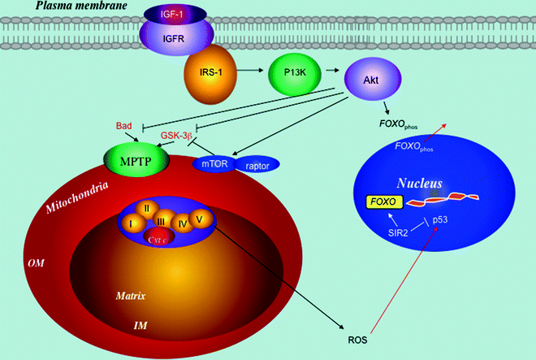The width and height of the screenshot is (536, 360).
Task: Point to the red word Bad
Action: tap(124, 125)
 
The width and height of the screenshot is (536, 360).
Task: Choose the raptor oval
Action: tap(261, 164)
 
